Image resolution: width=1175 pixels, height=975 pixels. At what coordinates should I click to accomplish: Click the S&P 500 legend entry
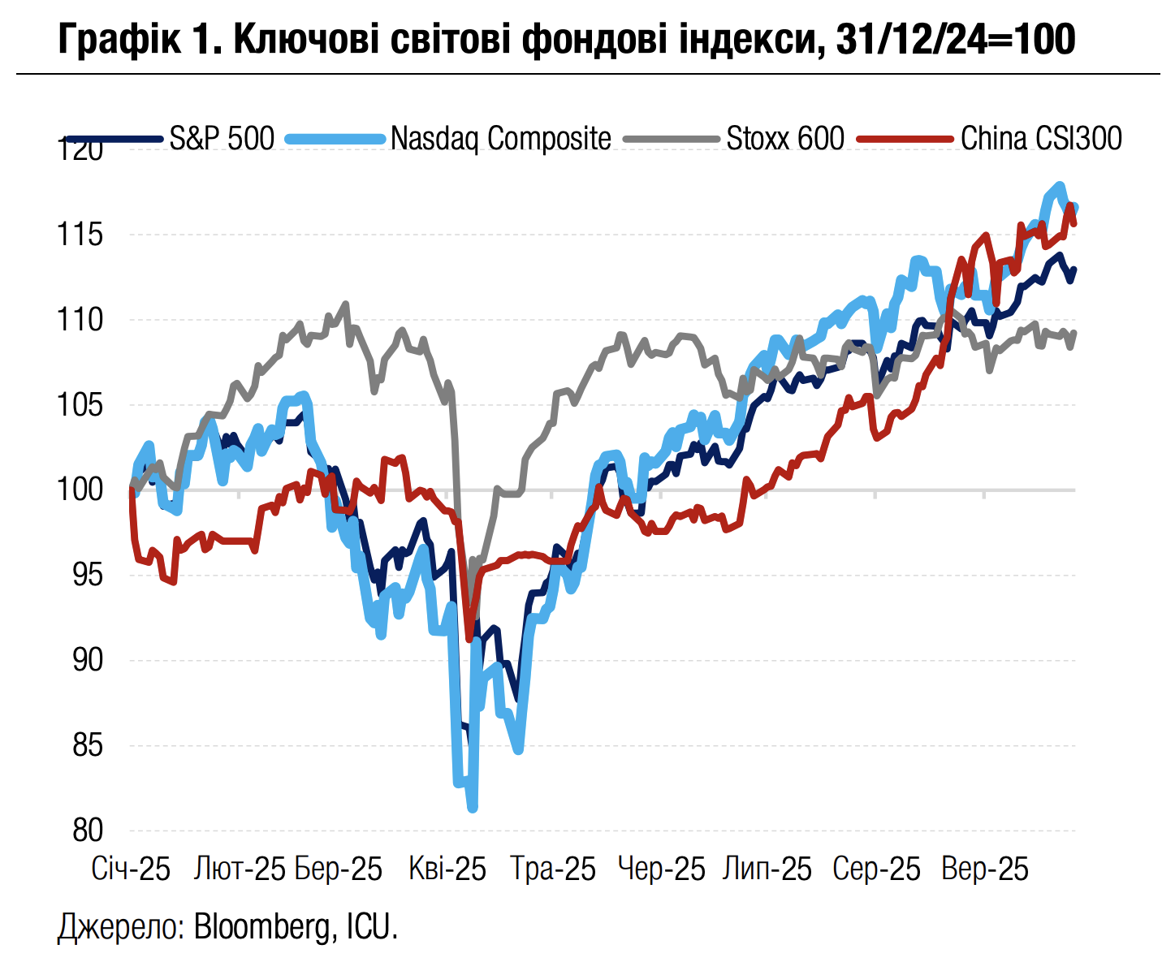coord(222,138)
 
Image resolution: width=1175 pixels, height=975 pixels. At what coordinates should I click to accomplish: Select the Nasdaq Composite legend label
coord(500,138)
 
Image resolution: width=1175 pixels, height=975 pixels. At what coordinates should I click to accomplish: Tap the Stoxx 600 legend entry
coord(784,138)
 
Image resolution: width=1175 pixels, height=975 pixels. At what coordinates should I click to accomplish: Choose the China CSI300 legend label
coord(1040,138)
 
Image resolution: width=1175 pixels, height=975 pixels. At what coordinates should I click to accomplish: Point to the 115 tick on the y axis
coord(80,235)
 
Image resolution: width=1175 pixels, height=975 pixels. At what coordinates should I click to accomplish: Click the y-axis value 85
coord(88,745)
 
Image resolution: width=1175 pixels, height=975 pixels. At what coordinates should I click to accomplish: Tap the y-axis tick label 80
coord(88,830)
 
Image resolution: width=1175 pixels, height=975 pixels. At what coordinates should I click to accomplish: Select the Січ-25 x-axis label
coord(131,869)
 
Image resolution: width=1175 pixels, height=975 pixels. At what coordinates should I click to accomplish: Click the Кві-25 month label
coord(447,869)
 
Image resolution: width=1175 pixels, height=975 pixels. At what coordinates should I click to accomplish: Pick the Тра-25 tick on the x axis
coord(553,869)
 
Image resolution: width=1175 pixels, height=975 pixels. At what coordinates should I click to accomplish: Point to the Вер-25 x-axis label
coord(985,869)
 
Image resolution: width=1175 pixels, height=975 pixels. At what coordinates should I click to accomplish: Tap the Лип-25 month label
coord(767,869)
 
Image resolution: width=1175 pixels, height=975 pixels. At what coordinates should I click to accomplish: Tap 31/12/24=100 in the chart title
coord(955,38)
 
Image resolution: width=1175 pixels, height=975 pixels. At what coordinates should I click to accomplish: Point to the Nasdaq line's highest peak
coord(1059,185)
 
